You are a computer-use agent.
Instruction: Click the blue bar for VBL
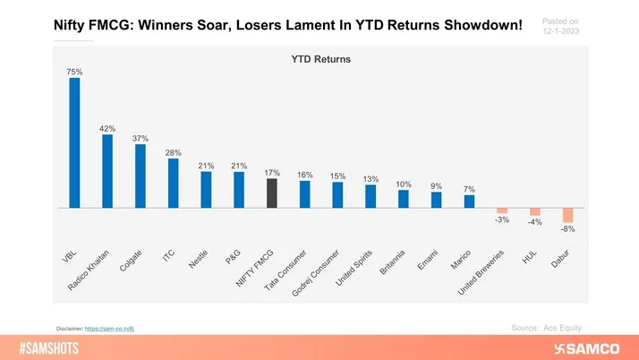pos(74,142)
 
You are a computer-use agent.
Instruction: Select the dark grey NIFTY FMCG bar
pos(272,193)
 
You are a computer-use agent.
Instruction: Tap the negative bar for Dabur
pos(567,215)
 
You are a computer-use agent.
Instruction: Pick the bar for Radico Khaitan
pos(107,170)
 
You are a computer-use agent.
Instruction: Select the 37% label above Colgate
pos(141,138)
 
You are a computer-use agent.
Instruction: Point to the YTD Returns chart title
pos(319,59)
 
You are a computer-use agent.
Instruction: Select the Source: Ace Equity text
pos(552,328)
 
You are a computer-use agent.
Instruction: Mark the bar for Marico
pos(469,201)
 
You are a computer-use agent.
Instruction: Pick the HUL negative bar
pos(535,211)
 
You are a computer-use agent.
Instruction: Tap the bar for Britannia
pos(404,198)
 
